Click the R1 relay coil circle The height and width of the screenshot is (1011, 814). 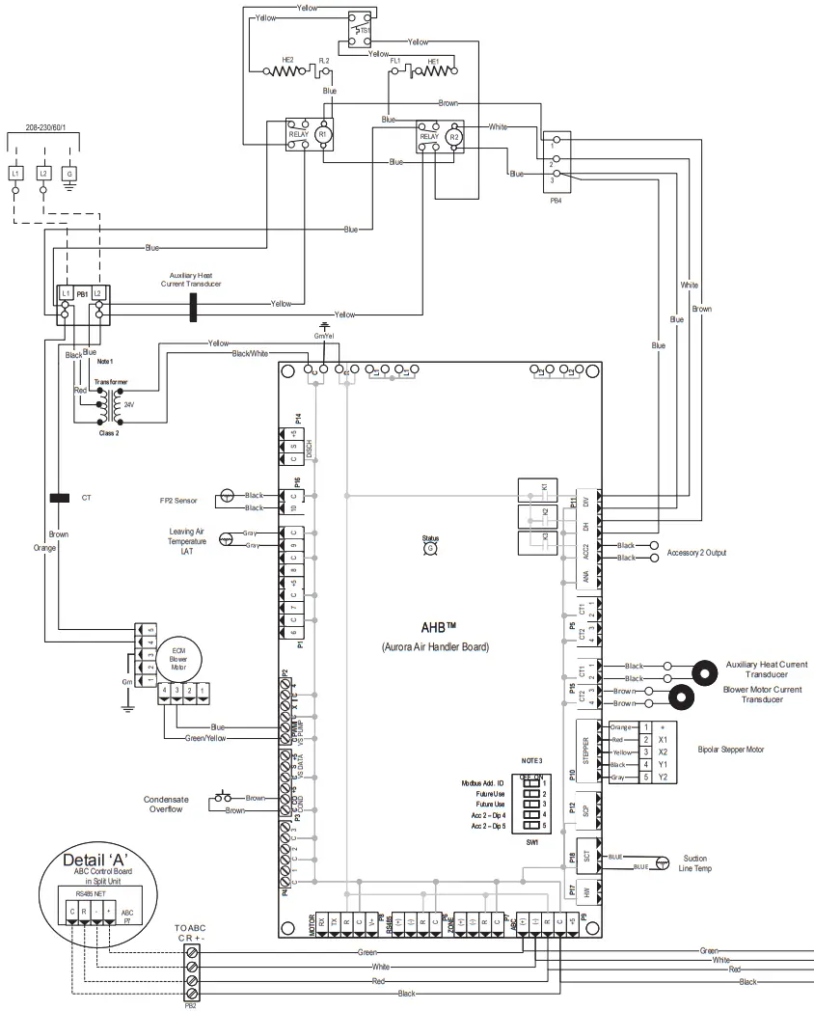pyautogui.click(x=323, y=135)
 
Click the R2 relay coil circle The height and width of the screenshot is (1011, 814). pyautogui.click(x=455, y=138)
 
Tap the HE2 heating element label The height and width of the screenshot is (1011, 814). pyautogui.click(x=287, y=60)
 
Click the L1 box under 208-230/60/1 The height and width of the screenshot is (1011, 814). pyautogui.click(x=16, y=173)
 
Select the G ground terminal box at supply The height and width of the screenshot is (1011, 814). pyautogui.click(x=68, y=173)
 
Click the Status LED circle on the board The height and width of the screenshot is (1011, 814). pyautogui.click(x=430, y=548)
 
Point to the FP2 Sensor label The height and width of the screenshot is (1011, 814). pyautogui.click(x=179, y=501)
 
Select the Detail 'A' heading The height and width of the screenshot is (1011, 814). pyautogui.click(x=95, y=859)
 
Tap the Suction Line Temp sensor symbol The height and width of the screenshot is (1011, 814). pyautogui.click(x=662, y=862)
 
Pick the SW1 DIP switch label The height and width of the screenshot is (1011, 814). pyautogui.click(x=530, y=842)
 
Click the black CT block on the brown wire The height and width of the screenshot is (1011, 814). pyautogui.click(x=59, y=498)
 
